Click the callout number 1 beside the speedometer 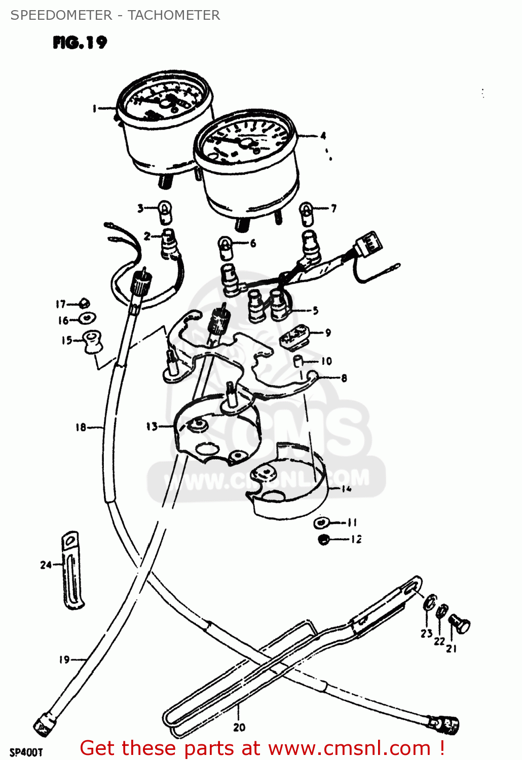coord(94,108)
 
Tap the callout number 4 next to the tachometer coord(323,136)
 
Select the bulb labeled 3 coord(165,211)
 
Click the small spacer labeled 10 coord(299,361)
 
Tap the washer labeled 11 coord(320,522)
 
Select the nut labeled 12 coord(324,539)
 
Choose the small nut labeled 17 coord(85,303)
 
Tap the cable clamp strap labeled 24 coord(72,569)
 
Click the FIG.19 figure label coord(80,43)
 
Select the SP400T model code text coord(26,752)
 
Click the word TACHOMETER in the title coord(174,15)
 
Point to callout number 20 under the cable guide coord(239,727)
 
